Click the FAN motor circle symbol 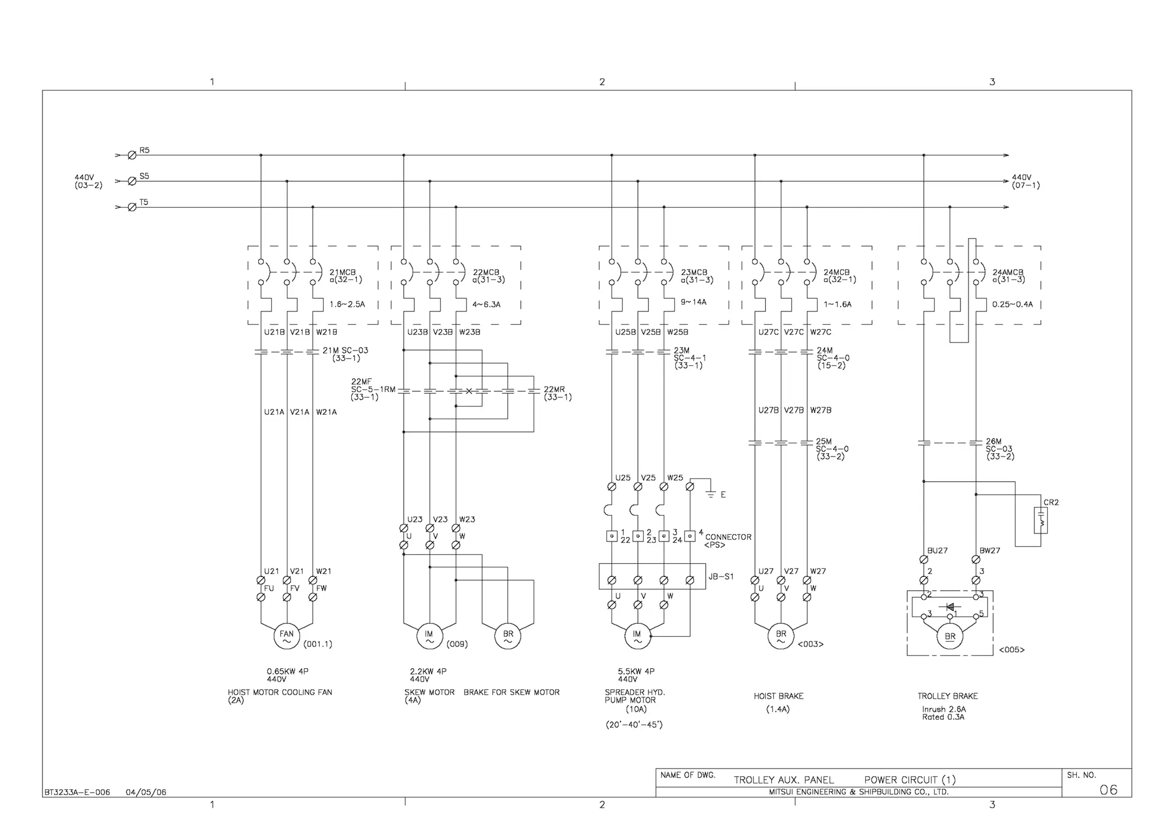click(286, 636)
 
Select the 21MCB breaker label click(343, 272)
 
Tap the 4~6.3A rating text click(487, 305)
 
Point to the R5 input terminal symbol click(132, 155)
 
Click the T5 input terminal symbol click(132, 207)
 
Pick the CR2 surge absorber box click(1041, 520)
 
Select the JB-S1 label click(721, 576)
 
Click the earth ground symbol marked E click(711, 493)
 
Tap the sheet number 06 click(1108, 790)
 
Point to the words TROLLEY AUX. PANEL click(784, 780)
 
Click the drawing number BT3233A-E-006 click(77, 792)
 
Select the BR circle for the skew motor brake click(508, 636)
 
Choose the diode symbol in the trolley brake click(950, 607)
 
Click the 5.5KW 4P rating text click(636, 671)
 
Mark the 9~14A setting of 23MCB click(694, 302)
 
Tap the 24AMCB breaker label click(1008, 272)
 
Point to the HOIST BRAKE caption click(779, 696)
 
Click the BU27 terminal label click(937, 550)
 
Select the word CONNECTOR click(728, 537)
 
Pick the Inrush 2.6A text click(944, 709)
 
